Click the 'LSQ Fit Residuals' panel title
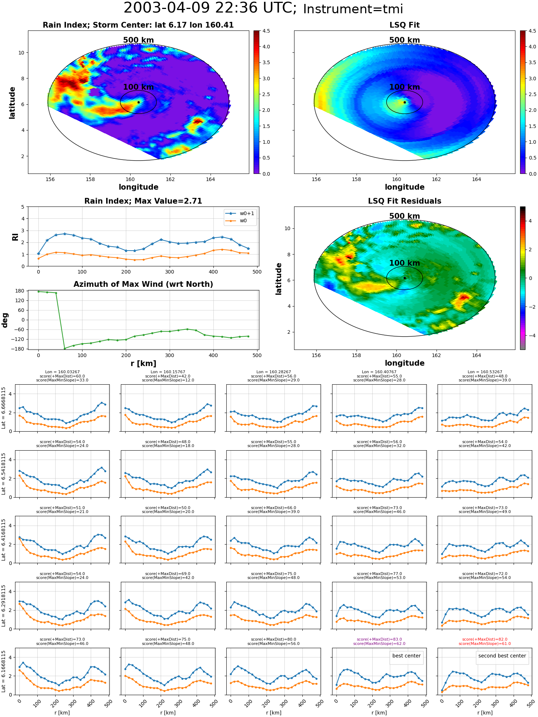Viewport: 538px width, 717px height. coord(405,201)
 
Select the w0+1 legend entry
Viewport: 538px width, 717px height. coord(240,213)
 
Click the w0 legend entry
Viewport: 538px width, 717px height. coord(237,220)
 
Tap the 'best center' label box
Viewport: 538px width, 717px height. coord(406,656)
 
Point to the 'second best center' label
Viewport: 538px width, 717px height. coord(502,656)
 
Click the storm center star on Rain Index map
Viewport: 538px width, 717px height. coord(138,102)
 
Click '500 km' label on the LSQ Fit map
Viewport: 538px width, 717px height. coord(405,40)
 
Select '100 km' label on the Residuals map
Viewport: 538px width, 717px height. coord(405,263)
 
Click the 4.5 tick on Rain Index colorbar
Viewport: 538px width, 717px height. coord(266,31)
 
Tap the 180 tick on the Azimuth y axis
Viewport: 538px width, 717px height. coord(20,291)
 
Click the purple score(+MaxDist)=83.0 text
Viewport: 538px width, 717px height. coord(379,639)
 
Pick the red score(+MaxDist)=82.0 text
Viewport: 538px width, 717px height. coord(485,639)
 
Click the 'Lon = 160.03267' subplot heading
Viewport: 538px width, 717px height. coord(62,372)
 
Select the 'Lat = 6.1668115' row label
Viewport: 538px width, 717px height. coord(4,672)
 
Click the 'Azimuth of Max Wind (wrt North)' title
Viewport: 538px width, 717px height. coord(143,284)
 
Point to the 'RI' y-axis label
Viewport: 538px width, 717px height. coord(15,237)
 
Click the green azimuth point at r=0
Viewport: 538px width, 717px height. coord(38,291)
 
